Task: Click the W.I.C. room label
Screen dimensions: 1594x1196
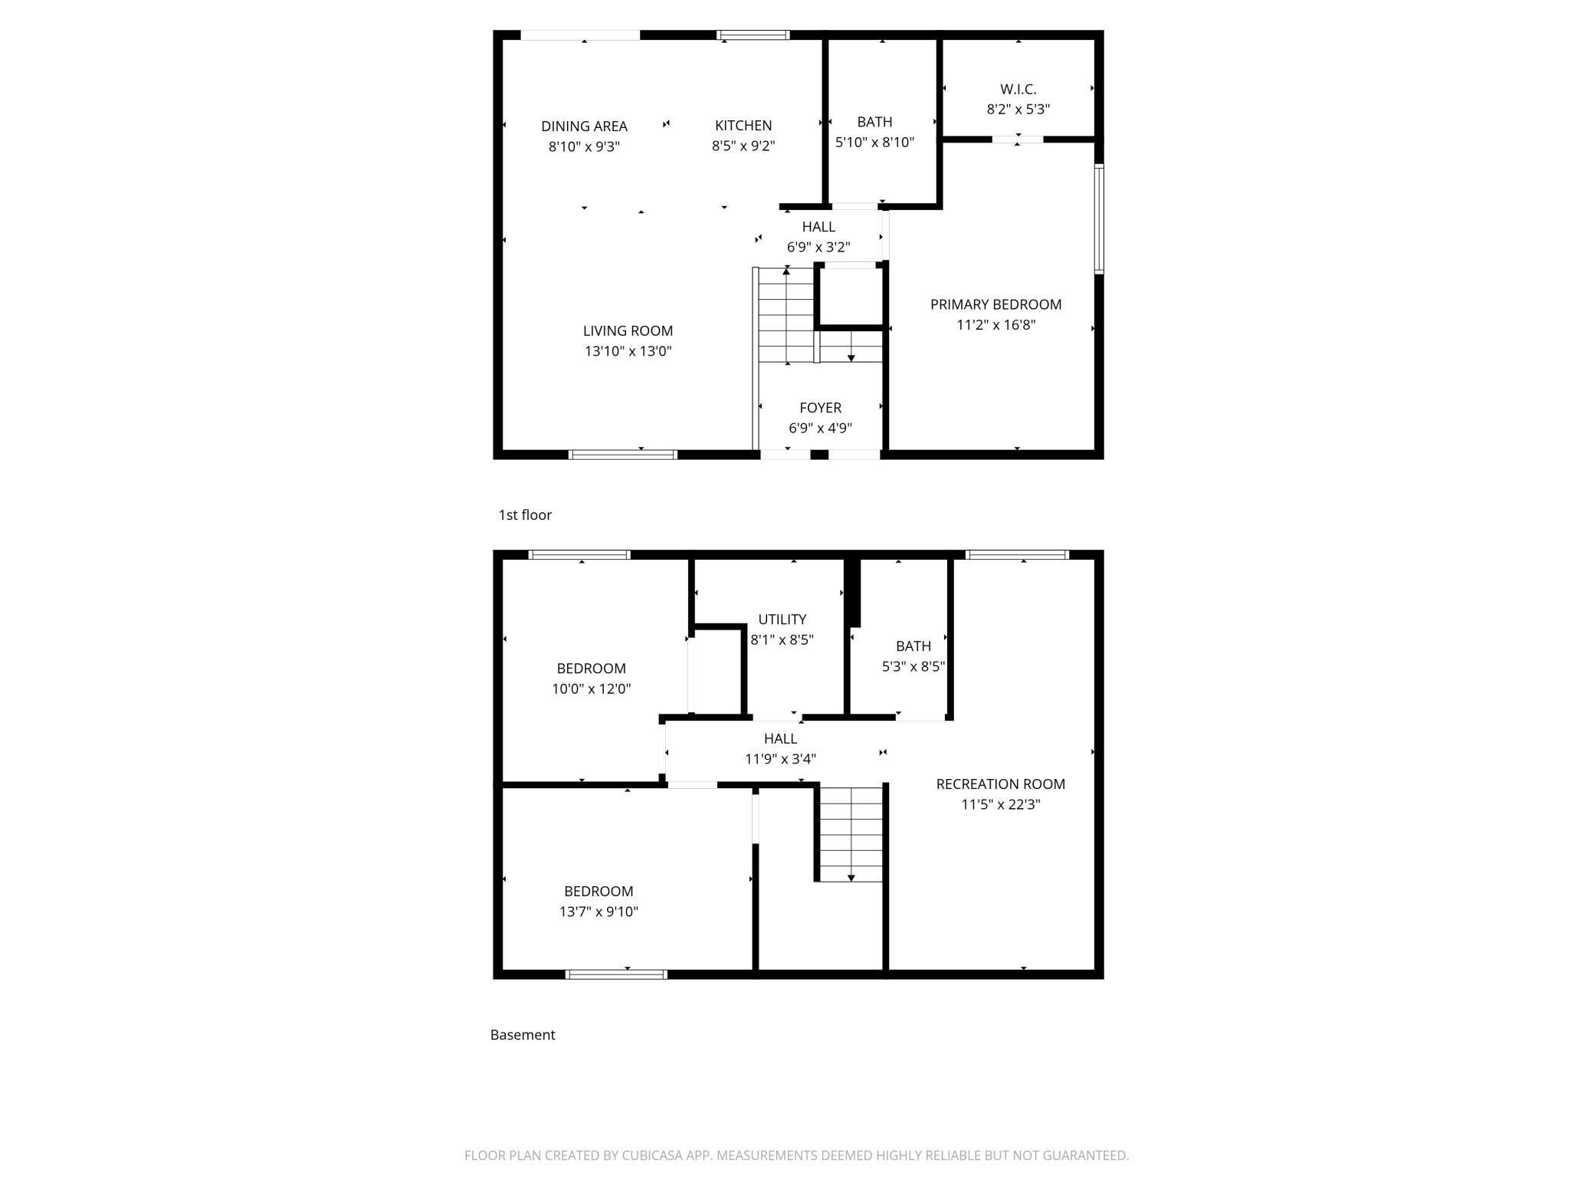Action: [1018, 90]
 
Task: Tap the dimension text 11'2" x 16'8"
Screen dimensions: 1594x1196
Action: [995, 325]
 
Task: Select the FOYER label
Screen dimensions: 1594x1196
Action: [820, 408]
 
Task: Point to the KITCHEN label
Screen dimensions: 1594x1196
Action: [743, 126]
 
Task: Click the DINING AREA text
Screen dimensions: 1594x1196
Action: [584, 127]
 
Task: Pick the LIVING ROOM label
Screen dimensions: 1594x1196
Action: [628, 331]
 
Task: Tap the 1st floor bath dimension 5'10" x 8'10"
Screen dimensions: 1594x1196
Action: [874, 143]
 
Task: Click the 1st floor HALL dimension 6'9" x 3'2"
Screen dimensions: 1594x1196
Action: [818, 248]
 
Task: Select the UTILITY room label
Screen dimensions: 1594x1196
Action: [782, 619]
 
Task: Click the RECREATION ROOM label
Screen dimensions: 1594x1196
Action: [1000, 784]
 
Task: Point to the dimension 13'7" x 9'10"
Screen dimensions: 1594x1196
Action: [599, 912]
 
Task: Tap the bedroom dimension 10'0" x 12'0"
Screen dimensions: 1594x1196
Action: [591, 689]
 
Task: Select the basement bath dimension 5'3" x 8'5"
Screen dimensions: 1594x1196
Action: [913, 667]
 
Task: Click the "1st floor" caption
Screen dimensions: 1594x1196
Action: [525, 515]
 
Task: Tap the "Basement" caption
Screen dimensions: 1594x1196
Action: [523, 1035]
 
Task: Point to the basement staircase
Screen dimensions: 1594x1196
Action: [851, 834]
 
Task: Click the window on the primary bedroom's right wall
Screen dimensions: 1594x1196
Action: [1098, 219]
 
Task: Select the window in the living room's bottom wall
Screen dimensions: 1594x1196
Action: [623, 455]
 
